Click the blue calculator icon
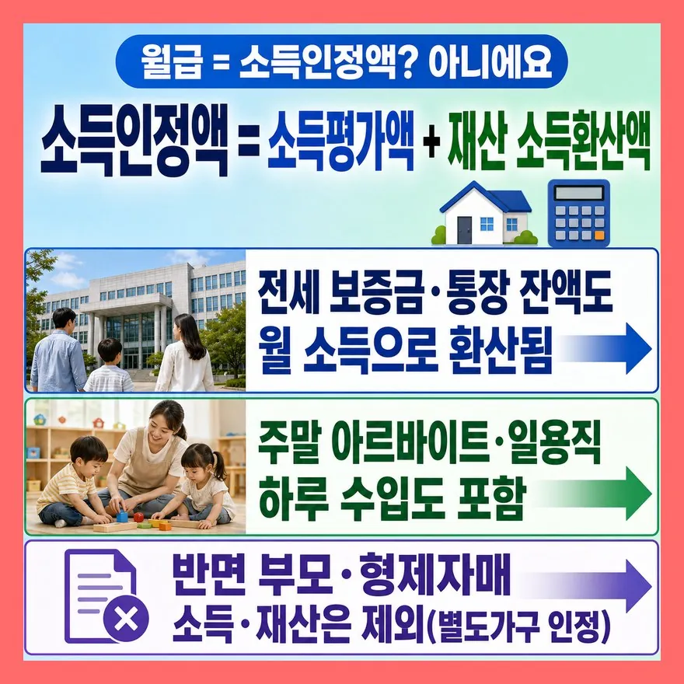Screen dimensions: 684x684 [x=578, y=212]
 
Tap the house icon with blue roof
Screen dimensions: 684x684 [x=484, y=213]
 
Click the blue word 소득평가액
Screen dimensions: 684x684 [x=341, y=141]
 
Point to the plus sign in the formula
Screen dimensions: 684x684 [x=431, y=142]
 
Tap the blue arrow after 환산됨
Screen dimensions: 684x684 [x=604, y=348]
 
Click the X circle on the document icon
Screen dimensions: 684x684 [x=126, y=619]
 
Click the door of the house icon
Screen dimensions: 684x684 [x=464, y=229]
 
